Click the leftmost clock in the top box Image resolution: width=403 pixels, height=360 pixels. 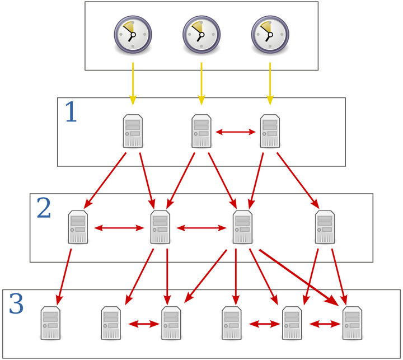coord(133,35)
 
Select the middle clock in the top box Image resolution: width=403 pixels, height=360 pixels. coord(201,35)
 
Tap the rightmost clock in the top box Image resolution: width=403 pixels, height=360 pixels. coord(269,35)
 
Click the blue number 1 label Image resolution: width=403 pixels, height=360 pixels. coord(71,113)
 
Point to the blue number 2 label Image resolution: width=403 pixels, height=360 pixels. coord(44,209)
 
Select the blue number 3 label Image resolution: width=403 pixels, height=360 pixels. coord(16,305)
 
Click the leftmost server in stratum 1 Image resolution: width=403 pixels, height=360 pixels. coord(133,131)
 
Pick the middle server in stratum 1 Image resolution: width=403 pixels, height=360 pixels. coord(201,131)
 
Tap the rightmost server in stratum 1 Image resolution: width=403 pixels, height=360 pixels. coord(269,131)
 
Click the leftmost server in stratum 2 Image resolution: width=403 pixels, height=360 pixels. coord(78,227)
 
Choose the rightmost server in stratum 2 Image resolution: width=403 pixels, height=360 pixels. coord(325,227)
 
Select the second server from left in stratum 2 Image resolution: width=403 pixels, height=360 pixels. coord(160,227)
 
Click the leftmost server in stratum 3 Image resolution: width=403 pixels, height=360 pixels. coord(51,323)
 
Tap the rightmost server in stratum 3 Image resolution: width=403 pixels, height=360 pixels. coord(352,323)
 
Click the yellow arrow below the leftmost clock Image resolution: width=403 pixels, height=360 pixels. coord(133,84)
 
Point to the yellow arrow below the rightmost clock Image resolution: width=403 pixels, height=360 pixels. coord(270,84)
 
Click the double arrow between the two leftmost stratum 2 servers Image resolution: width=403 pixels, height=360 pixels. coord(119,228)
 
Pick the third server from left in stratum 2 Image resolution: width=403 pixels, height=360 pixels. coord(242,227)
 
